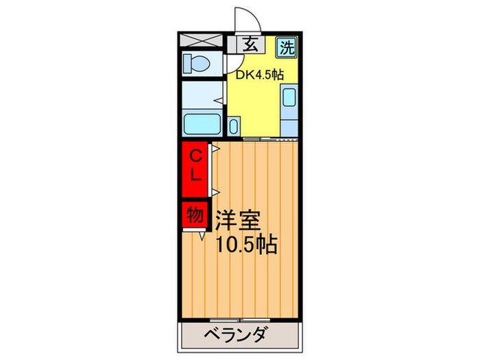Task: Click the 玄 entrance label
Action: pyautogui.click(x=251, y=45)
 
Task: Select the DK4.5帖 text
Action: pyautogui.click(x=261, y=75)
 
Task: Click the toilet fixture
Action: pyautogui.click(x=197, y=64)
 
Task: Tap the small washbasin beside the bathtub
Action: pyautogui.click(x=234, y=126)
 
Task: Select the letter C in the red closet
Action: pyautogui.click(x=195, y=154)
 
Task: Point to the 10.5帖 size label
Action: pyautogui.click(x=247, y=244)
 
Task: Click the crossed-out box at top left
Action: pyautogui.click(x=202, y=40)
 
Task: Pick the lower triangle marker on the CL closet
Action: pyautogui.click(x=215, y=193)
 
